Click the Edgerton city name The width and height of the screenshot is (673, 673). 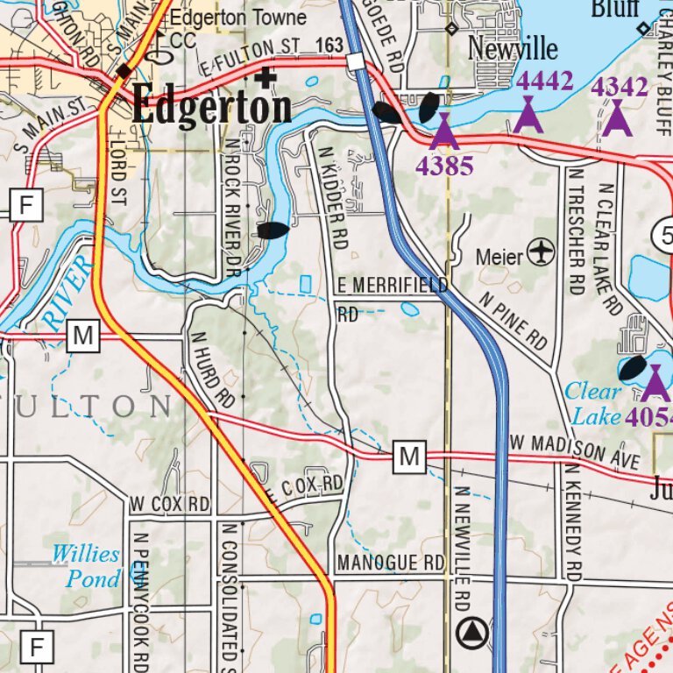[211, 108]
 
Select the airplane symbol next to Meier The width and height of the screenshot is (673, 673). [543, 254]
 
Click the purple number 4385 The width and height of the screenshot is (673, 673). [444, 166]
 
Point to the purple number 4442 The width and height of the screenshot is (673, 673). [545, 81]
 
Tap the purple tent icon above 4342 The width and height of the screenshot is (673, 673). [617, 118]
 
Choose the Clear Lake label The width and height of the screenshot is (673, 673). [592, 402]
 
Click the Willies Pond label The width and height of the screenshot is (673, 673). [85, 566]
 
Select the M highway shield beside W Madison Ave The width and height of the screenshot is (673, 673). [409, 456]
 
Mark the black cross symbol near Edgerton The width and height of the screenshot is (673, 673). [266, 78]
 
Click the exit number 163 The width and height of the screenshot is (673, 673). [330, 44]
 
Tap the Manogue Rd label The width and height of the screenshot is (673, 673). [391, 562]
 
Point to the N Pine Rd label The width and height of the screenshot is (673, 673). [513, 318]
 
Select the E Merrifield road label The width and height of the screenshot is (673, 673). [393, 286]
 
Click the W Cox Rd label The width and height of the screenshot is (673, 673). [169, 505]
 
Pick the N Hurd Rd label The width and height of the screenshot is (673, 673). [212, 369]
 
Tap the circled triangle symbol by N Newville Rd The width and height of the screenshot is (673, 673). [473, 629]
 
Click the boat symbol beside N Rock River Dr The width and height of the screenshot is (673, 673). [273, 230]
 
